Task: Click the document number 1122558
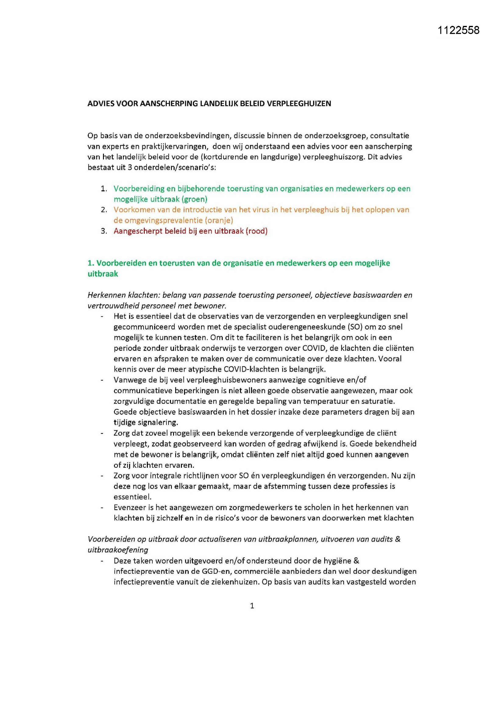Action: tap(458, 30)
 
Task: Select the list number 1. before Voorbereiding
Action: tap(104, 189)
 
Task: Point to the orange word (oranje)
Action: tap(218, 220)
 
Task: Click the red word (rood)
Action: tap(256, 231)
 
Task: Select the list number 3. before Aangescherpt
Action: tap(104, 231)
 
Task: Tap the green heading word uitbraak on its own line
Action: tap(103, 274)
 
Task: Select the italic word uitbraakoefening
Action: tap(118, 550)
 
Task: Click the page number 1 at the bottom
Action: tap(252, 606)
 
